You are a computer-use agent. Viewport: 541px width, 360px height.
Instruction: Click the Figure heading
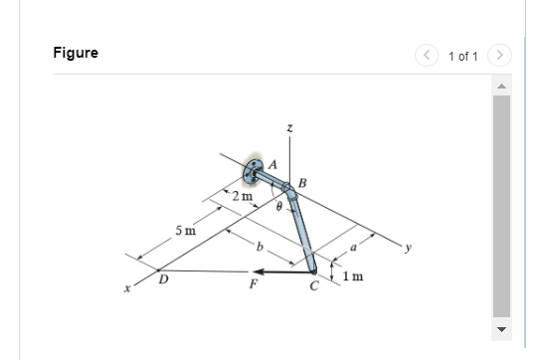[x=76, y=53]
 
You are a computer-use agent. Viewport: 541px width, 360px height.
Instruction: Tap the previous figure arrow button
[x=427, y=56]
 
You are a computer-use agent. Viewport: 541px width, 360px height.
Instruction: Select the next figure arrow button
[x=499, y=56]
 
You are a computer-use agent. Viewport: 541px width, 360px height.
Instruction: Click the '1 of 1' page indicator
[x=463, y=57]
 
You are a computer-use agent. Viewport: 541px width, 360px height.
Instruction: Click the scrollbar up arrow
[x=501, y=87]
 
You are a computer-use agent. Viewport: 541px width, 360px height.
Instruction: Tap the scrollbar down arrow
[x=501, y=329]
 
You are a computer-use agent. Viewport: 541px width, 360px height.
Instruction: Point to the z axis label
[x=290, y=128]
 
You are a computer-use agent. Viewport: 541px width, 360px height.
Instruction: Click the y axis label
[x=409, y=248]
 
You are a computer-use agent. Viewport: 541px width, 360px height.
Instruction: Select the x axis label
[x=127, y=288]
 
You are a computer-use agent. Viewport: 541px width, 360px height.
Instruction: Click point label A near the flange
[x=272, y=165]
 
